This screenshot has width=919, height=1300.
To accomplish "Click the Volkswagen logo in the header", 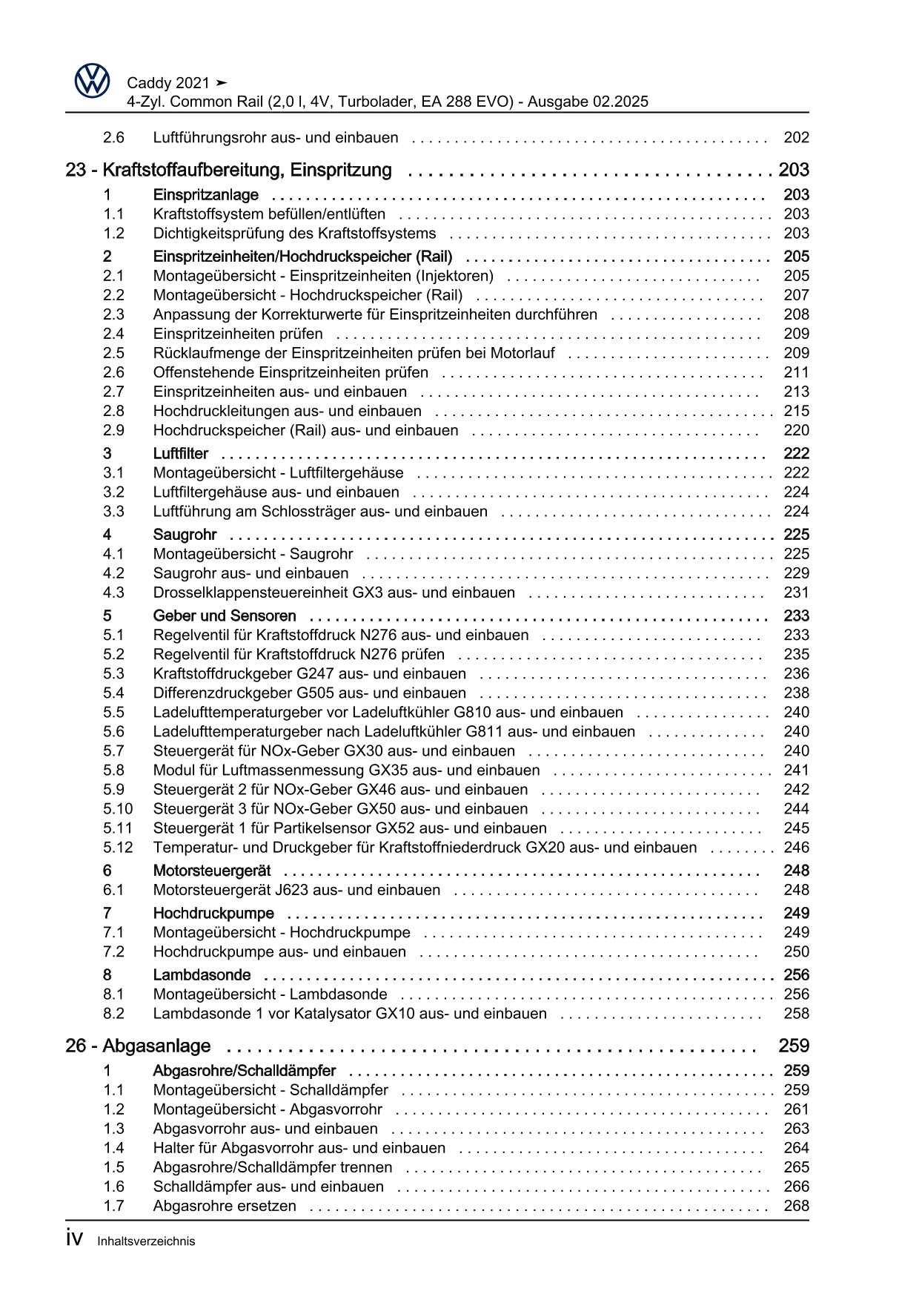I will coord(92,81).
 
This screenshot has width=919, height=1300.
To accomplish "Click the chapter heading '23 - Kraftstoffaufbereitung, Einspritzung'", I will coord(228,170).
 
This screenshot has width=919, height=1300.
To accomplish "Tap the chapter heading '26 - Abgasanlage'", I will coord(138,1046).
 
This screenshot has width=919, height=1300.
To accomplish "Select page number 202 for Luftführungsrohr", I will coord(796,137).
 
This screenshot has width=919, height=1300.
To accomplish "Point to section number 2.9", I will coord(113,430).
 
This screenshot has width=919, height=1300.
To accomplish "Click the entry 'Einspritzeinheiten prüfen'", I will coord(237,334).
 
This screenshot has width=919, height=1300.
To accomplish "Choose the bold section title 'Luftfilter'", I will coord(180,453).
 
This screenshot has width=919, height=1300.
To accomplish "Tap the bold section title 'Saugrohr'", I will coord(185,534).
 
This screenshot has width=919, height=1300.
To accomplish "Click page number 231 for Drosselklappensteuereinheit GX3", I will coord(796,593).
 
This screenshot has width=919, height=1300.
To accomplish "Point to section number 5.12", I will coord(118,847).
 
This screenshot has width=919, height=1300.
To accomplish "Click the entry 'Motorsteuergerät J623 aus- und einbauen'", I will coord(296,889).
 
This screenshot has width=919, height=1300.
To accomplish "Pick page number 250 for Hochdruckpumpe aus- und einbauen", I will coord(796,951).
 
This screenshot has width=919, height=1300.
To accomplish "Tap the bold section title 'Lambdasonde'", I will coord(202,974).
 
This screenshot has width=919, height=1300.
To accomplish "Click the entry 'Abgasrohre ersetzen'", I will coord(224,1206).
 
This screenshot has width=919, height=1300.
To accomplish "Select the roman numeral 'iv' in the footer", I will coord(74,1239).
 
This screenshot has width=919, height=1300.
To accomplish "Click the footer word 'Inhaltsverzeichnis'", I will coord(146,1241).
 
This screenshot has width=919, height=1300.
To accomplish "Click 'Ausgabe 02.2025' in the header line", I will coord(588,102).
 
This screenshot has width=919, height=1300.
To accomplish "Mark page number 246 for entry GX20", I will coord(796,847).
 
